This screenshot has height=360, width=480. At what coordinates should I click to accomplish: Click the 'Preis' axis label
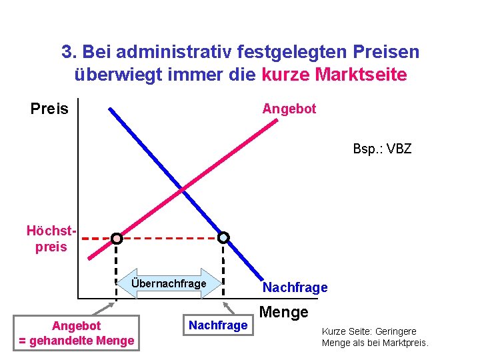(x=49, y=109)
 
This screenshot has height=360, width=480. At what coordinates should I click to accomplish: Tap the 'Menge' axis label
(x=283, y=311)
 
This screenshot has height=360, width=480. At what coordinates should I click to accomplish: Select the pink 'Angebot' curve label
(x=289, y=108)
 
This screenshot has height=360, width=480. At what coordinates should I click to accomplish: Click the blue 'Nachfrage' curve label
(x=295, y=287)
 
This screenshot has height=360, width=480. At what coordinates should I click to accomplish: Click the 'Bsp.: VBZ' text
(x=382, y=148)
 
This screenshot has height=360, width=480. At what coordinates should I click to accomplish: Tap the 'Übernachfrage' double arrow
(x=169, y=284)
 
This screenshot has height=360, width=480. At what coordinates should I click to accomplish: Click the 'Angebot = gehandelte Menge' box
(x=77, y=333)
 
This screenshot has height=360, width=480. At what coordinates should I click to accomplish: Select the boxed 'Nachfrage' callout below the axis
(x=218, y=325)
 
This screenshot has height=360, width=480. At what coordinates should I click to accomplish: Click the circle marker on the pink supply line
(x=116, y=238)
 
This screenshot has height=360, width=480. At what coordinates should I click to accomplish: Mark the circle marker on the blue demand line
(x=223, y=237)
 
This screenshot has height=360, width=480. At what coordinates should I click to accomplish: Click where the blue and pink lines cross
(x=182, y=190)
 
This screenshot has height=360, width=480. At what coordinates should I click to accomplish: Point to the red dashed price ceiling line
(x=170, y=237)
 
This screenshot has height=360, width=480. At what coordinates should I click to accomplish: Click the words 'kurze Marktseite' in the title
(x=334, y=75)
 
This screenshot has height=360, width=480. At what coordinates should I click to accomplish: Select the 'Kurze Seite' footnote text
(x=375, y=337)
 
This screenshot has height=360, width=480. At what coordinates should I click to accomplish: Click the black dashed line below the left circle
(x=116, y=267)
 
